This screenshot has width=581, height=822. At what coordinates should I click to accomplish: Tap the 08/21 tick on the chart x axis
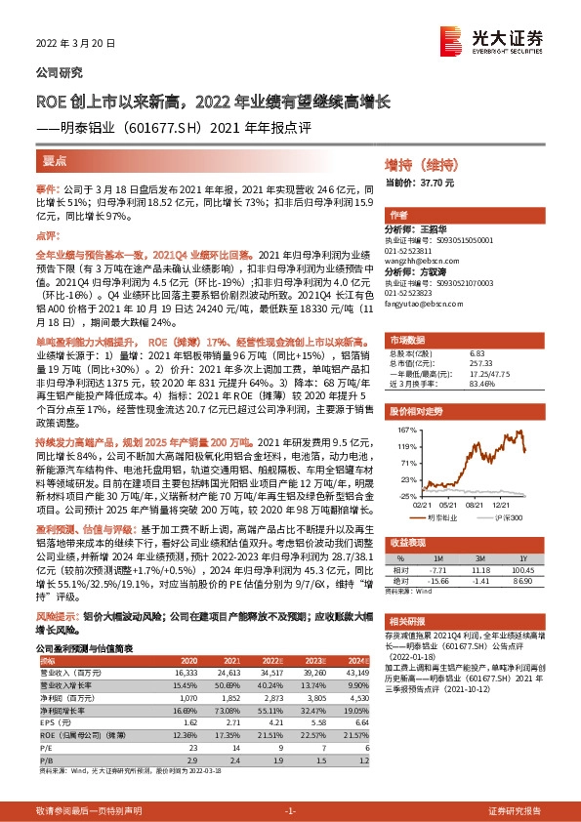point(476,506)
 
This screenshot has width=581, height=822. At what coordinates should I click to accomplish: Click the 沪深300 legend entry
point(506,517)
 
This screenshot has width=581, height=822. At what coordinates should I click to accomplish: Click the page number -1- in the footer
point(290,811)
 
